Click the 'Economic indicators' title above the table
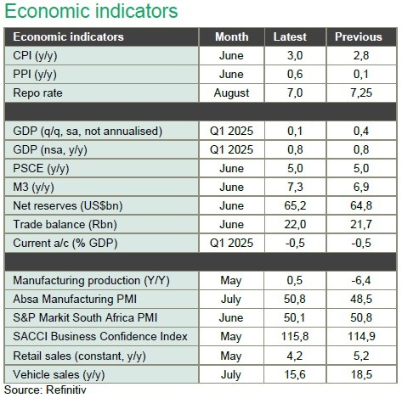(91, 11)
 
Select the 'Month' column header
(232, 36)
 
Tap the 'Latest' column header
(290, 36)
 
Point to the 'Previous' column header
(359, 36)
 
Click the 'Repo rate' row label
(37, 93)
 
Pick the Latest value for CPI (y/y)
(295, 55)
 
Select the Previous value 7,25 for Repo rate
(361, 93)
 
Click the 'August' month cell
(231, 93)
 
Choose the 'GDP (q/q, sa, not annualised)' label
(88, 132)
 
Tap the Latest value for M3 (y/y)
(295, 187)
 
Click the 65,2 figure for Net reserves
(295, 205)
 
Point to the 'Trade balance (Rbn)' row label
(65, 225)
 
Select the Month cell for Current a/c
(231, 243)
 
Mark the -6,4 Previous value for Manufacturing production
(361, 280)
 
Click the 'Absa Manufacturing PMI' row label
(75, 299)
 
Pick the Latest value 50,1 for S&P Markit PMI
(295, 317)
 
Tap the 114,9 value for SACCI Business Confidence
(361, 337)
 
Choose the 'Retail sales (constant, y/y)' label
(79, 356)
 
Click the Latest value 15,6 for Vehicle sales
(295, 374)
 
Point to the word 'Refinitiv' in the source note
(65, 390)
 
